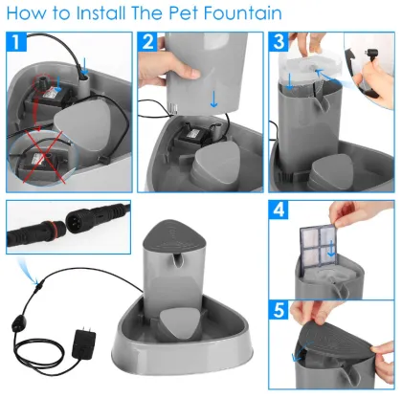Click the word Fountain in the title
[242, 14]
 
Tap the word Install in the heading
[104, 14]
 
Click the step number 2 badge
[146, 42]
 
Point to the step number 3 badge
[278, 42]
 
